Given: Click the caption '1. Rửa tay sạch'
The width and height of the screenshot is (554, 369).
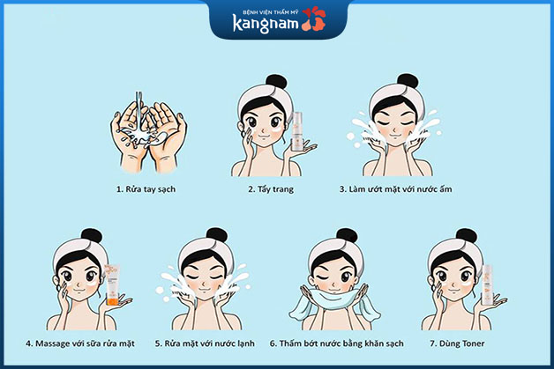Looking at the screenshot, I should click(x=145, y=188).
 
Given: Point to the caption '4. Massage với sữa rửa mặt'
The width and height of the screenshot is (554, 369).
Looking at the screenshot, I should click(x=79, y=343).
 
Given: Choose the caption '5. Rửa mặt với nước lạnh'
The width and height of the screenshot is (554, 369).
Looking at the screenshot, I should click(x=208, y=343).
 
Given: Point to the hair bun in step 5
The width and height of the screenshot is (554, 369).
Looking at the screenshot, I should click(x=206, y=236).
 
